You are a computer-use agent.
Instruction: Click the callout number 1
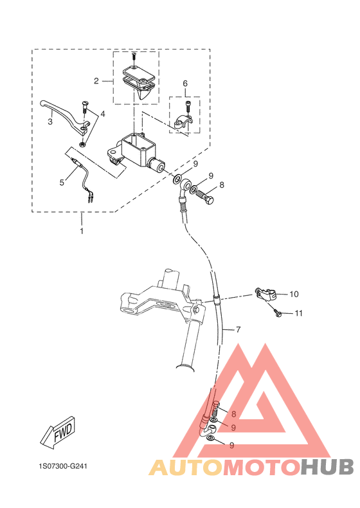click(82, 231)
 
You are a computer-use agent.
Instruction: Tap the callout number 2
click(96, 81)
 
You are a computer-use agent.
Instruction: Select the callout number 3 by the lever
click(50, 122)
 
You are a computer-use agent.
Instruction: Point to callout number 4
click(103, 114)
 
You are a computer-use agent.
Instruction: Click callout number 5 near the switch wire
click(62, 183)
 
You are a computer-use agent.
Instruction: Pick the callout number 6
click(185, 84)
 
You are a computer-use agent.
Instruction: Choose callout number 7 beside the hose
click(238, 329)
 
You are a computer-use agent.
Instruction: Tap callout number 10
click(294, 294)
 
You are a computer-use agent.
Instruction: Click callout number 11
click(298, 313)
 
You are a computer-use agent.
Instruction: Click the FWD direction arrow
click(58, 433)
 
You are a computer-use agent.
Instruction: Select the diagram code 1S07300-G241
click(63, 466)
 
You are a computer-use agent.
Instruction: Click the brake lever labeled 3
click(65, 116)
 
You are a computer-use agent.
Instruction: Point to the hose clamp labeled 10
click(265, 293)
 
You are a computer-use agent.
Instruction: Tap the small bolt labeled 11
click(277, 313)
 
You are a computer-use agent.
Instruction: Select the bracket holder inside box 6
click(183, 123)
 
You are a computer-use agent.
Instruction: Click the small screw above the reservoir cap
click(134, 57)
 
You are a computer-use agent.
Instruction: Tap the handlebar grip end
click(186, 367)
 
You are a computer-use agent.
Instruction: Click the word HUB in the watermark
click(327, 467)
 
